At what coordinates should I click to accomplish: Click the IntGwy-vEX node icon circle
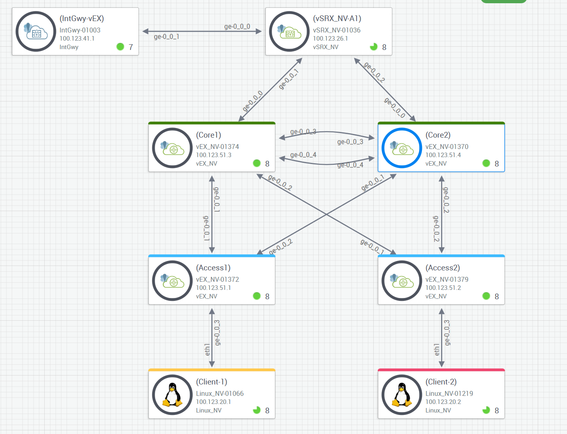tap(36, 31)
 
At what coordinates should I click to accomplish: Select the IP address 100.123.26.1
tap(330, 39)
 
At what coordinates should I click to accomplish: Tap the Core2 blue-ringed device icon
tap(402, 148)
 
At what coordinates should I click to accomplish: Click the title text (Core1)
tap(208, 135)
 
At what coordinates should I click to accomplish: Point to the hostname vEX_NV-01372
tap(217, 279)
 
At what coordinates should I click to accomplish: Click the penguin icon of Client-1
tap(172, 395)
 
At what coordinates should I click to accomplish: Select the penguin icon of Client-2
tap(402, 395)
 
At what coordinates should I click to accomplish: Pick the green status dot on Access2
tap(486, 296)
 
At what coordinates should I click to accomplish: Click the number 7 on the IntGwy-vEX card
tap(131, 47)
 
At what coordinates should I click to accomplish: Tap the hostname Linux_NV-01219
tap(449, 393)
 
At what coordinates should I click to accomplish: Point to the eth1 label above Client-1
tap(208, 350)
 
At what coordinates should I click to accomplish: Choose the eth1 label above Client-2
tap(437, 350)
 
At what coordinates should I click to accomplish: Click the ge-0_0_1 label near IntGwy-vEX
tap(167, 37)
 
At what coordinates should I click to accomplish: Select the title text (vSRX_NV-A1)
tap(337, 19)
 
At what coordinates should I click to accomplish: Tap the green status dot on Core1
tap(257, 163)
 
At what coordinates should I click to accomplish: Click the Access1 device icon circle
tap(172, 281)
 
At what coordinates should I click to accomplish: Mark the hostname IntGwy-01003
tap(80, 30)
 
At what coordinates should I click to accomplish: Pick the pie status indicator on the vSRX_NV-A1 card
tap(374, 47)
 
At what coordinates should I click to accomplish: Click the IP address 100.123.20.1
tap(213, 402)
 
